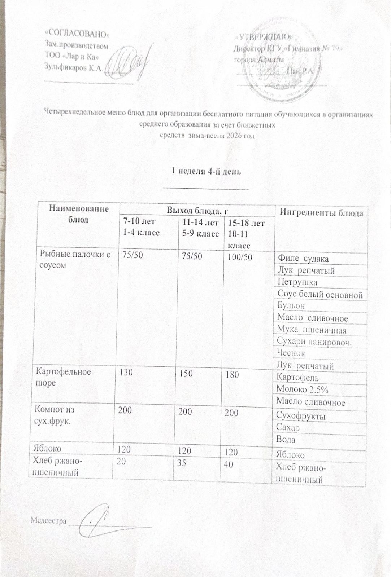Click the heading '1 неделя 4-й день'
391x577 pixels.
[206, 171]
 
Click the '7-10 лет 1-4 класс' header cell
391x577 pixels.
[141, 228]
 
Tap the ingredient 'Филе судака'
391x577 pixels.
[303, 259]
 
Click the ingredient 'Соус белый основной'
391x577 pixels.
[320, 294]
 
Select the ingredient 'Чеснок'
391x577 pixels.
[291, 353]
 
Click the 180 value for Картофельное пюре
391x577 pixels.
[231, 375]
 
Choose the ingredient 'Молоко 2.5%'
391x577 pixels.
[302, 389]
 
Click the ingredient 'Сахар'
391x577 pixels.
[288, 428]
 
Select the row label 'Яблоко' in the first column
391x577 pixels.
[47, 448]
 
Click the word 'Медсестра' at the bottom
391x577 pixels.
[48, 521]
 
